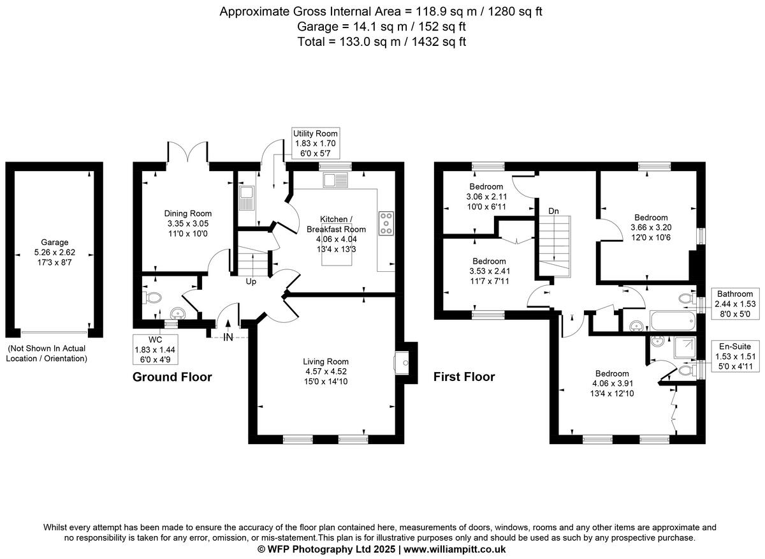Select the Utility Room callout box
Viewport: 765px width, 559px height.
316,143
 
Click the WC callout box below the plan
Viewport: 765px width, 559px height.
155,350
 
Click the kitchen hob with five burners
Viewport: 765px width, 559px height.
386,223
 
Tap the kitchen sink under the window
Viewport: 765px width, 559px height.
335,181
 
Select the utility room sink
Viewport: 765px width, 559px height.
247,198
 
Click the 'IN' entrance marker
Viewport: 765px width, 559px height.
228,338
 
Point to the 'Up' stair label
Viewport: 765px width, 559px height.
251,281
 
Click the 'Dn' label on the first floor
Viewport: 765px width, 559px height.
553,211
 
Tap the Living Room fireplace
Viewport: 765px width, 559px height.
402,363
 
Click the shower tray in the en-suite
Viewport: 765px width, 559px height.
685,347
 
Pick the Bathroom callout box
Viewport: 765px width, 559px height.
735,304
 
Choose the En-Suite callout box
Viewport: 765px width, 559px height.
735,356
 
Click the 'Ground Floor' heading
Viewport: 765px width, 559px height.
172,376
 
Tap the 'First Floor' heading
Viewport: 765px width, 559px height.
464,376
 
